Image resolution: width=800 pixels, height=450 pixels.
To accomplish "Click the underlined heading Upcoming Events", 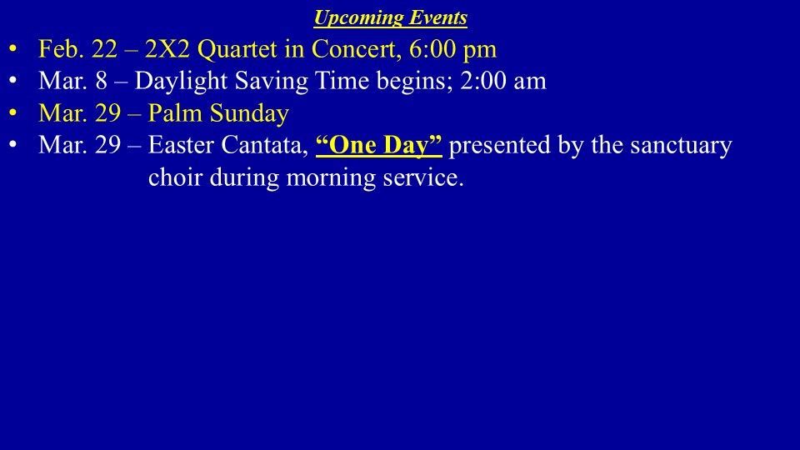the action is coord(390,17).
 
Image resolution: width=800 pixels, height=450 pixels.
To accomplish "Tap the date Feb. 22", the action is coord(77,49).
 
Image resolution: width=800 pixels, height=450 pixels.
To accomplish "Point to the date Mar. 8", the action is coord(73,81).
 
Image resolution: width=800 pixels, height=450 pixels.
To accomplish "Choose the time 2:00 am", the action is coord(503,81).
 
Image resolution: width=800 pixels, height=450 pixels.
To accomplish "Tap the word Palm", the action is coord(176,113).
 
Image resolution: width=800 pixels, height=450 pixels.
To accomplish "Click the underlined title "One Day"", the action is coord(379,146).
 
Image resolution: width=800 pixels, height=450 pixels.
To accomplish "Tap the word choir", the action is coord(176,177).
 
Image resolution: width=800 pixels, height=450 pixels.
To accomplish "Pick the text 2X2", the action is coord(167,49).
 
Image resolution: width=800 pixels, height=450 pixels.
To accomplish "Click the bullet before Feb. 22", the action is coord(12,49).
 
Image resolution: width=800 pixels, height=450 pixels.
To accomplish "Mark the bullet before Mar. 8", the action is coord(12,81).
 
